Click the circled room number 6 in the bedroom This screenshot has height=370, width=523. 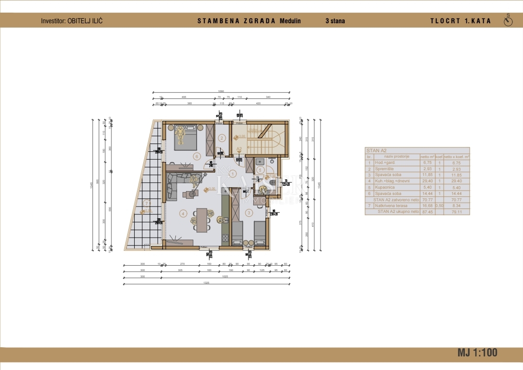(x=196, y=156)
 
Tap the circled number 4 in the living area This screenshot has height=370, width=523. (x=183, y=213)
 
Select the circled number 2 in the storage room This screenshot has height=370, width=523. (x=222, y=138)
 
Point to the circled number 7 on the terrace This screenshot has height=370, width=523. (x=146, y=203)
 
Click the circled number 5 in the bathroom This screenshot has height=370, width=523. (x=260, y=170)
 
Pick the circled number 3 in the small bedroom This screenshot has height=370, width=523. (x=249, y=212)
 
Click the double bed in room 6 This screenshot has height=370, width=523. (x=185, y=138)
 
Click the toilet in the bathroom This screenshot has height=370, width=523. (x=273, y=182)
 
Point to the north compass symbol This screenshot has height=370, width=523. (x=508, y=21)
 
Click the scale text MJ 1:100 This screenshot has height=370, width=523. (x=477, y=353)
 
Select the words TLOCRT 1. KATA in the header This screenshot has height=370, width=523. (x=460, y=21)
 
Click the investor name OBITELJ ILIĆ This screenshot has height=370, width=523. (x=85, y=21)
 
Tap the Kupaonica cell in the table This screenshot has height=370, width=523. (x=385, y=187)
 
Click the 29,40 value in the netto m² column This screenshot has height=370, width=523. (x=427, y=181)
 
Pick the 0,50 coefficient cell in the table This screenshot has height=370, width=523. (x=439, y=206)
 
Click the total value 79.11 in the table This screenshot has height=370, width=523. (x=456, y=211)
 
